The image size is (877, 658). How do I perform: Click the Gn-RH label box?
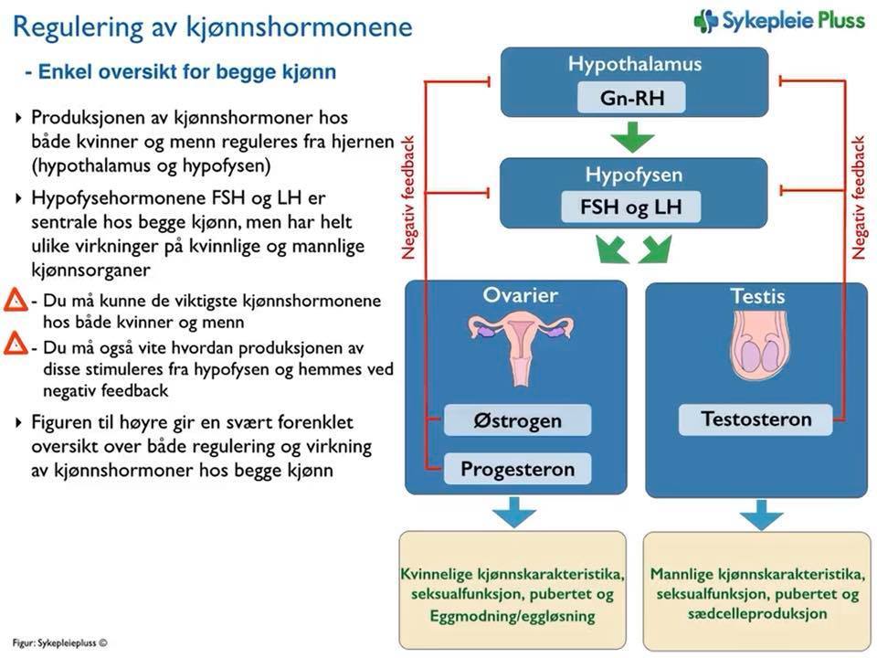[x=630, y=97]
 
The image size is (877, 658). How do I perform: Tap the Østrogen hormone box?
[x=517, y=420]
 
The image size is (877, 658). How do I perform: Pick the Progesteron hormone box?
[x=517, y=470]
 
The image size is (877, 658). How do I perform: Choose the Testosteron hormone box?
[x=755, y=419]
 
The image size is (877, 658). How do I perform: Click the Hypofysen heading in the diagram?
[x=632, y=175]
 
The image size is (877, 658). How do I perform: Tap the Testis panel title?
[x=757, y=296]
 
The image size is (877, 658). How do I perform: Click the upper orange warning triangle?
[x=15, y=301]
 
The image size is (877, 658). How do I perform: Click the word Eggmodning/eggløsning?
[x=512, y=615]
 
